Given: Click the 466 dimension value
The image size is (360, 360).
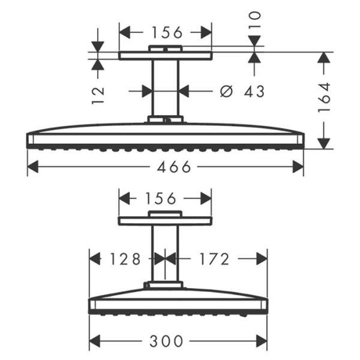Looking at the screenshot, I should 166,167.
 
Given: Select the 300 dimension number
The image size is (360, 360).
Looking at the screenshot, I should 166,341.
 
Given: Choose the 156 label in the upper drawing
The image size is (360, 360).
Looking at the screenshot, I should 166,32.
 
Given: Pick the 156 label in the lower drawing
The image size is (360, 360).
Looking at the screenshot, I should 166,197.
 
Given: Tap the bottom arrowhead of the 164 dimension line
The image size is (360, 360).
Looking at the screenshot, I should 324,143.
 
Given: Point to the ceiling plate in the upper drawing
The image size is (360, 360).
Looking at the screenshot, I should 165,55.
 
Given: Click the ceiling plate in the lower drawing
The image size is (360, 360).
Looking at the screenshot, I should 165,221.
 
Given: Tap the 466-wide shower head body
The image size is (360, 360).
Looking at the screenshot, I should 165,135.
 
